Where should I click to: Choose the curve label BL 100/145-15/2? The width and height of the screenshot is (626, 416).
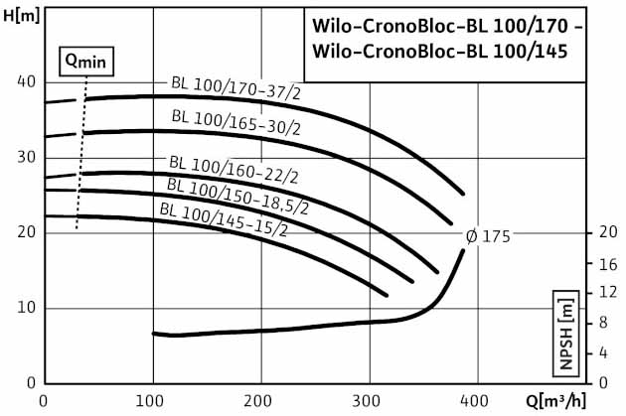coord(224,219)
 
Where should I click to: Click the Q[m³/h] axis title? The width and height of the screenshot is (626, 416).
coord(583,402)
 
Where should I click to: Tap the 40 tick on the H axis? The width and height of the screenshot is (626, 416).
coord(27,81)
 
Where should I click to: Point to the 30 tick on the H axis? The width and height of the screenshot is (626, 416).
coord(27,157)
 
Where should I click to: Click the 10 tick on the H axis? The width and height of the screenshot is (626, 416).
coord(27,308)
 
